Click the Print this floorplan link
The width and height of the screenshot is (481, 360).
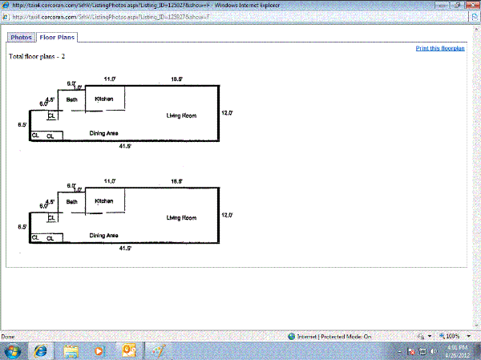click(440, 48)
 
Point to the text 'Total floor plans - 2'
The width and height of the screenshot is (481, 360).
click(37, 57)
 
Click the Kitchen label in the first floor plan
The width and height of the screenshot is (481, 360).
click(104, 99)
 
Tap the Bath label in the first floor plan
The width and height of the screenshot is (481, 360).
click(71, 99)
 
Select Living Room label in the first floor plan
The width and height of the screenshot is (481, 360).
click(181, 116)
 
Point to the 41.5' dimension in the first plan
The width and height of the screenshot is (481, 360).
click(125, 146)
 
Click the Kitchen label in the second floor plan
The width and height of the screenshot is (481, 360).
click(104, 200)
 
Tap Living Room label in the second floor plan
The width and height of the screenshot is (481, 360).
click(181, 218)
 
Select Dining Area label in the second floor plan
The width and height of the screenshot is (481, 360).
click(104, 235)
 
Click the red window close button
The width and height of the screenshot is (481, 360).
click(468, 5)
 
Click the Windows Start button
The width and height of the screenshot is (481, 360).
click(13, 350)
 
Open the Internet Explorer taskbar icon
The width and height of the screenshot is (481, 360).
click(40, 350)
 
